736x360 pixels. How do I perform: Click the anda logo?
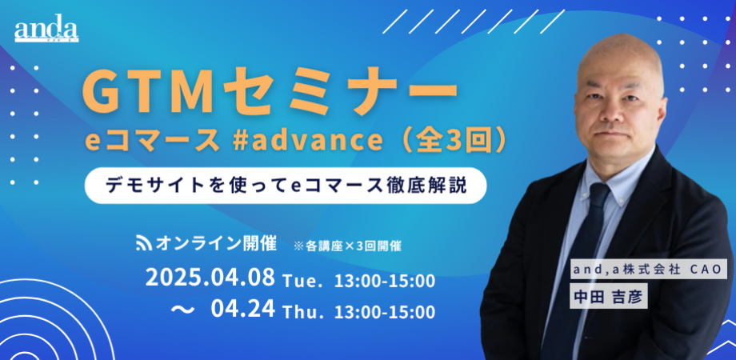coord(45,31)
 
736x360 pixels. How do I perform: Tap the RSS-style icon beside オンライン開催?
coord(144,242)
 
